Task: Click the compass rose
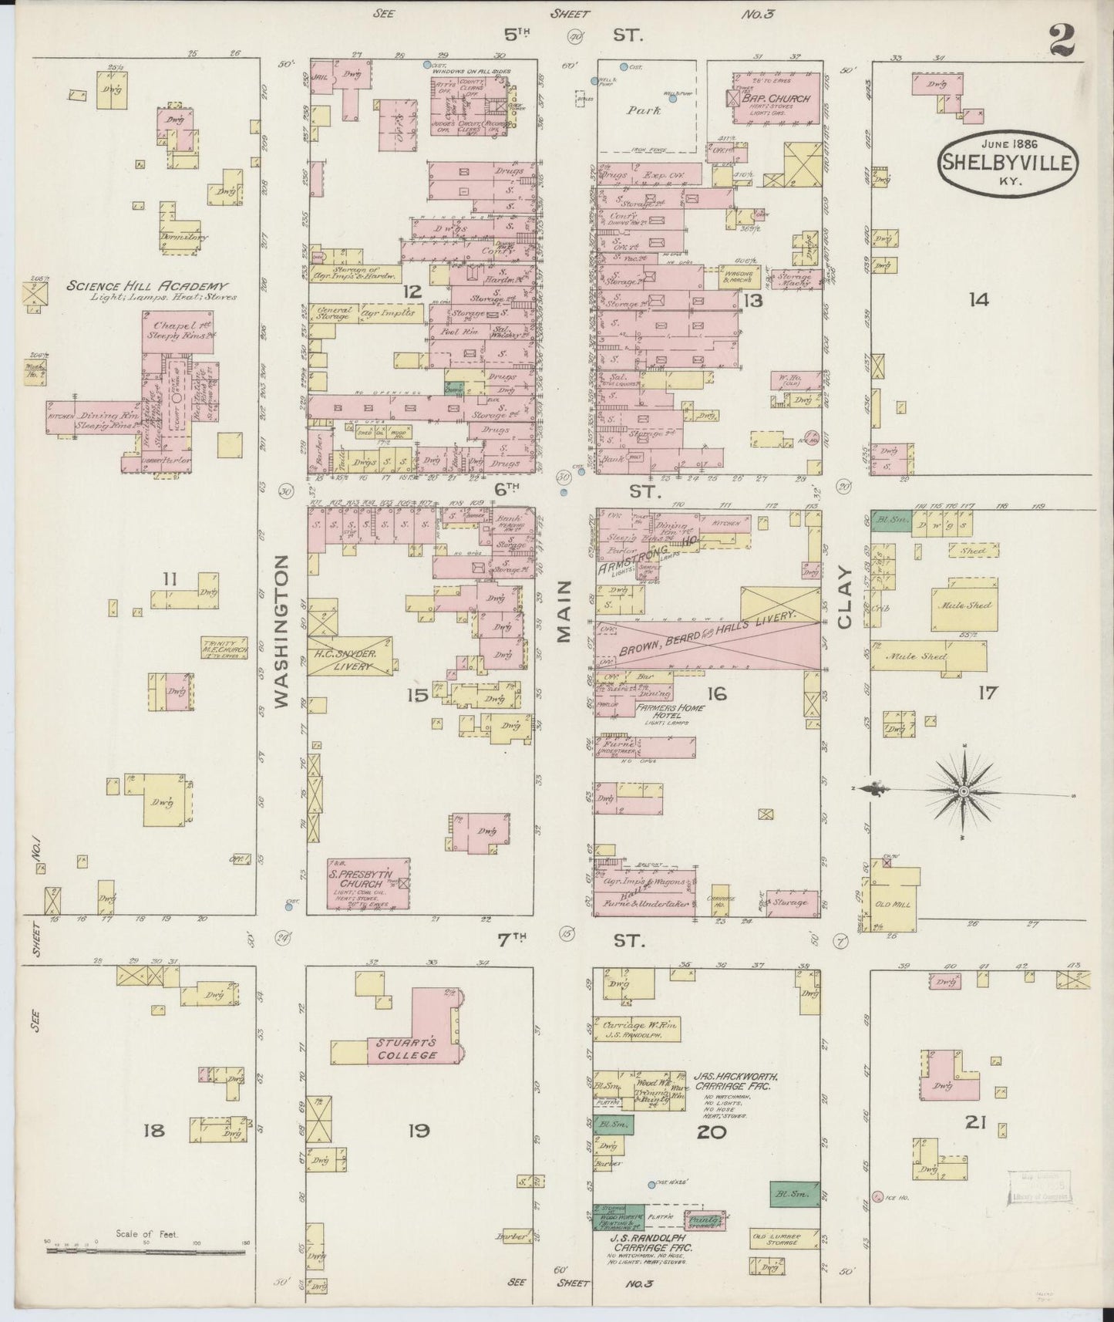click(x=964, y=791)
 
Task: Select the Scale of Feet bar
click(x=146, y=1249)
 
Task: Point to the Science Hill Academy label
click(x=151, y=286)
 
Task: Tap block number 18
click(x=154, y=1131)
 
